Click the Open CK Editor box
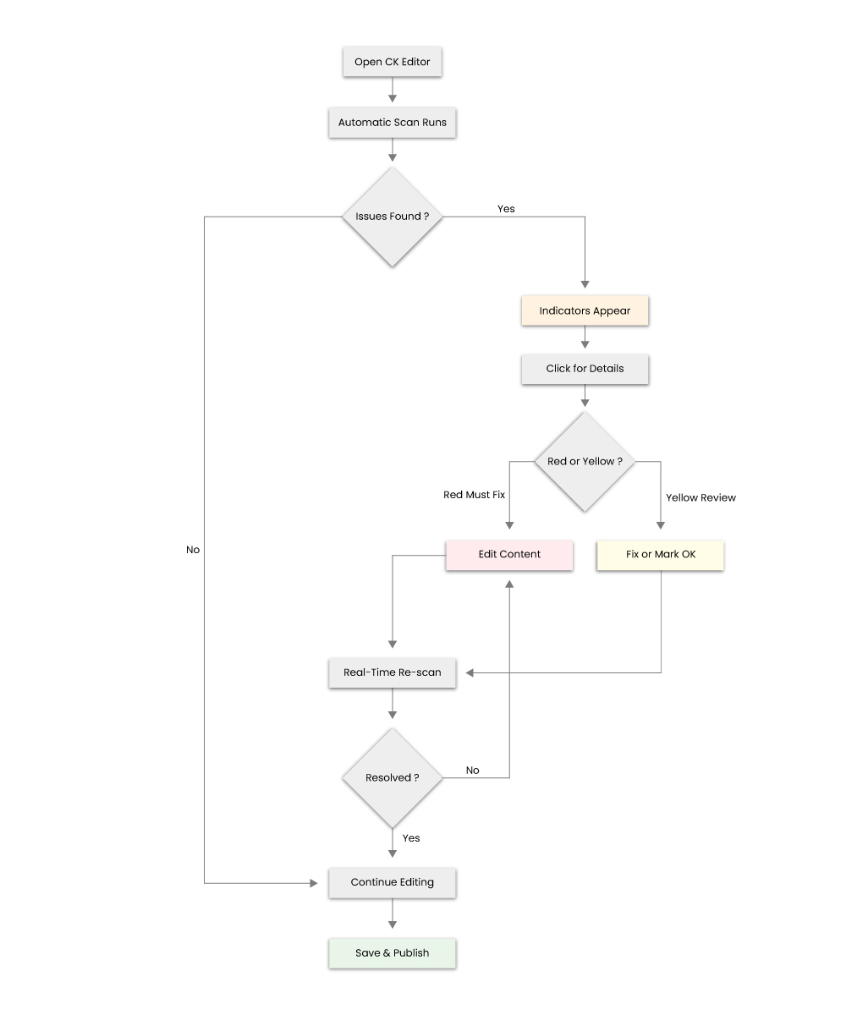coord(392,63)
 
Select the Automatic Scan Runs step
coord(392,123)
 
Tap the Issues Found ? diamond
coord(392,217)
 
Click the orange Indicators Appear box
coord(585,311)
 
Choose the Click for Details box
coord(585,370)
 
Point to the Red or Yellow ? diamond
coord(585,462)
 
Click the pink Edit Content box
coord(508,555)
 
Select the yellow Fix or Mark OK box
coord(660,555)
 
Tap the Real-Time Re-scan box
coord(392,673)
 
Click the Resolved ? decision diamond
coord(392,778)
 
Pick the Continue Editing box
coord(392,883)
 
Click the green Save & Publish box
coord(392,953)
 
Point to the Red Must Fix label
coord(474,495)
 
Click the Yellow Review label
coord(700,498)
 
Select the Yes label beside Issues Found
coord(506,209)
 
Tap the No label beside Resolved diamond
coord(472,771)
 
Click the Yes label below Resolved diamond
coord(411,838)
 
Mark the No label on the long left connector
coord(193,550)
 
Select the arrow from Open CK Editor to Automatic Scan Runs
coord(392,91)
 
